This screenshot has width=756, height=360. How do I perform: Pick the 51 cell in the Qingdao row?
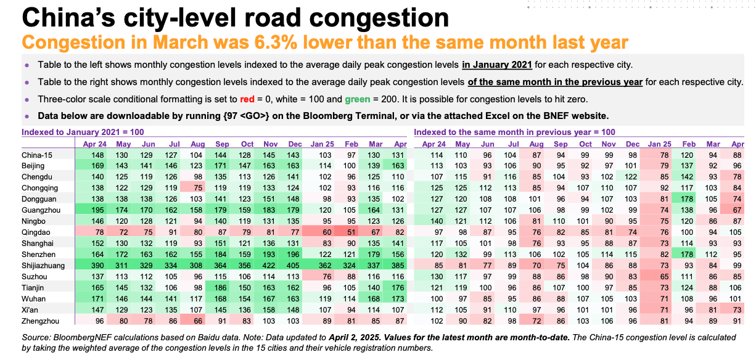coord(351,232)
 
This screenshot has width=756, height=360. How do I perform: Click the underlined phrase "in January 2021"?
coord(496,64)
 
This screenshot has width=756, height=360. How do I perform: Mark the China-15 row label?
coord(36,155)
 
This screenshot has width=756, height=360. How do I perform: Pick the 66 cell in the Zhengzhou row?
coord(197,321)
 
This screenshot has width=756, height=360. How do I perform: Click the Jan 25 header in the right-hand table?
coord(661,143)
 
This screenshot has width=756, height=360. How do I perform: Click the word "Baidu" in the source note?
coord(206,337)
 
